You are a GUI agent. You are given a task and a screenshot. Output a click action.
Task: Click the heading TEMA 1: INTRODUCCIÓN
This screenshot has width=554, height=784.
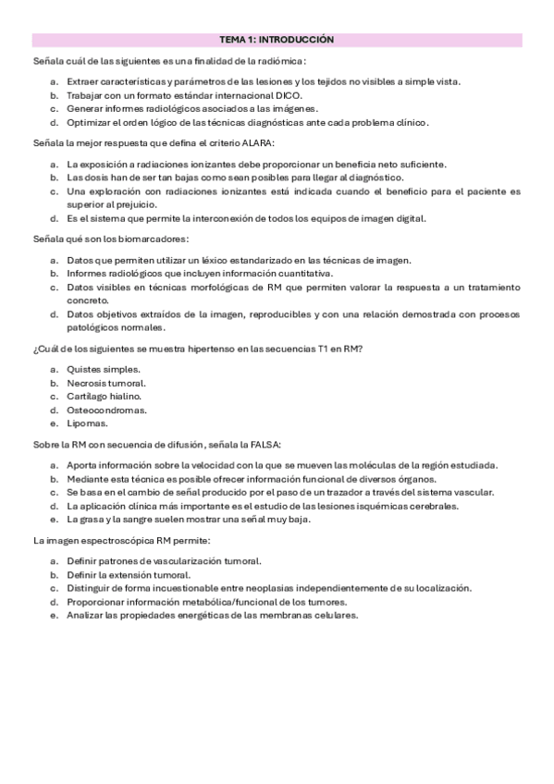tap(277, 40)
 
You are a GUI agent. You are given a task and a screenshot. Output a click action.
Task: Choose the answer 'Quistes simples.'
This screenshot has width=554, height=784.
tap(103, 369)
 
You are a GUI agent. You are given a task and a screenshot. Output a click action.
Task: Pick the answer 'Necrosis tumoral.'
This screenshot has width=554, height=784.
tap(106, 383)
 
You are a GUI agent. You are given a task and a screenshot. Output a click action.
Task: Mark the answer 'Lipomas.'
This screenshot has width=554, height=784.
tap(88, 423)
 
